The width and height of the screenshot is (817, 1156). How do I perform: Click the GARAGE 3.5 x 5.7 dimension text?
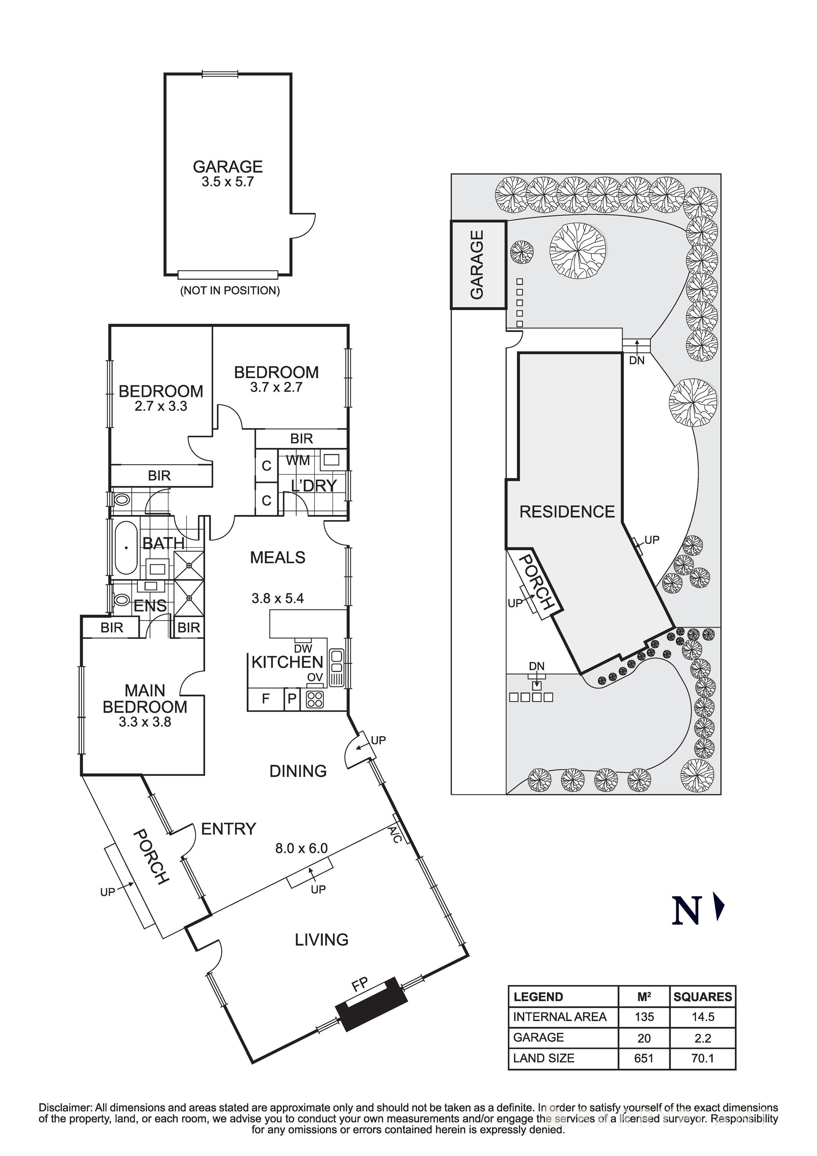[228, 182]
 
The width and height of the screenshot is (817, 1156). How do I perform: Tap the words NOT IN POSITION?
[230, 290]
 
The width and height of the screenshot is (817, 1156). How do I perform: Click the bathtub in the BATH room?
[125, 548]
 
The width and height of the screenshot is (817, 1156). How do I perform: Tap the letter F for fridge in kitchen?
[265, 698]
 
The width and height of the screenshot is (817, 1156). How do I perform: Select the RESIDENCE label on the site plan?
[567, 512]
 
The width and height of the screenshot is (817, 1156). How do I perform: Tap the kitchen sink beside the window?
[335, 668]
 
